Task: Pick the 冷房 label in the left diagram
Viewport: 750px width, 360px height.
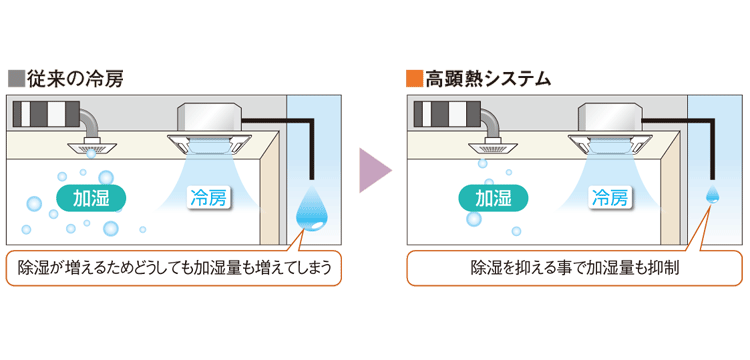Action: click(209, 197)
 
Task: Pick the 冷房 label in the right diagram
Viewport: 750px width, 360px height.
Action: click(611, 196)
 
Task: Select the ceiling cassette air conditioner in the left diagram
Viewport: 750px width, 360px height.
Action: click(210, 127)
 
